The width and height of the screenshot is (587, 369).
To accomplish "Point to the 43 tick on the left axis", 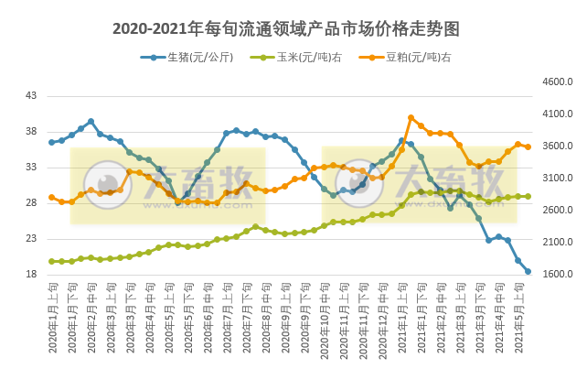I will (31, 95).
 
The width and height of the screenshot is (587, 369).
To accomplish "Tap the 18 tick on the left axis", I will (31, 274).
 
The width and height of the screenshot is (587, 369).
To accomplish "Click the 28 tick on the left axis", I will (31, 202).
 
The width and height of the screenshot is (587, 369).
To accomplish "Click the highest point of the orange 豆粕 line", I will (411, 117).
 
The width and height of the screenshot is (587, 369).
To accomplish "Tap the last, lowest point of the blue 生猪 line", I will (528, 271).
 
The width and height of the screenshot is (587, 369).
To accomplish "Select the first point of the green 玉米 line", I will (52, 261).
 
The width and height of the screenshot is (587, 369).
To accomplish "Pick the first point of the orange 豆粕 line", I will (52, 197).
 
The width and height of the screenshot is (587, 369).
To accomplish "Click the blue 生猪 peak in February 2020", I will (91, 121).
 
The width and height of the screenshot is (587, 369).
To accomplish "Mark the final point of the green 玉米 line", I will (528, 196).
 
